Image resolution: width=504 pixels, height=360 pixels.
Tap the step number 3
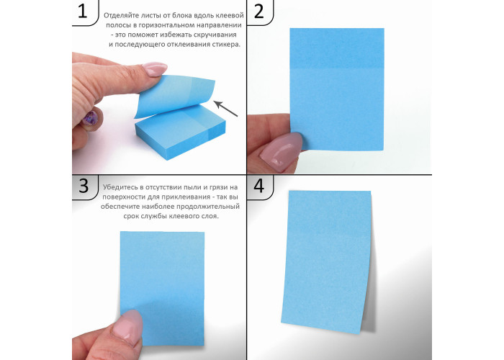(84, 186)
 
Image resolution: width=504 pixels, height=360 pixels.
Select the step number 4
(259, 186)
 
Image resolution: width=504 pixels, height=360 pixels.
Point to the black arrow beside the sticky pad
(225, 109)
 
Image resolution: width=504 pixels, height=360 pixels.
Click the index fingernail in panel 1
(155, 69)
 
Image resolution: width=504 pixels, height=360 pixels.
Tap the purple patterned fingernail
(90, 118)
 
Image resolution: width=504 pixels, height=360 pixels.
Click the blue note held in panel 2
(337, 89)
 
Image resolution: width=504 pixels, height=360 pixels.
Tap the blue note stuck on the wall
(327, 261)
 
